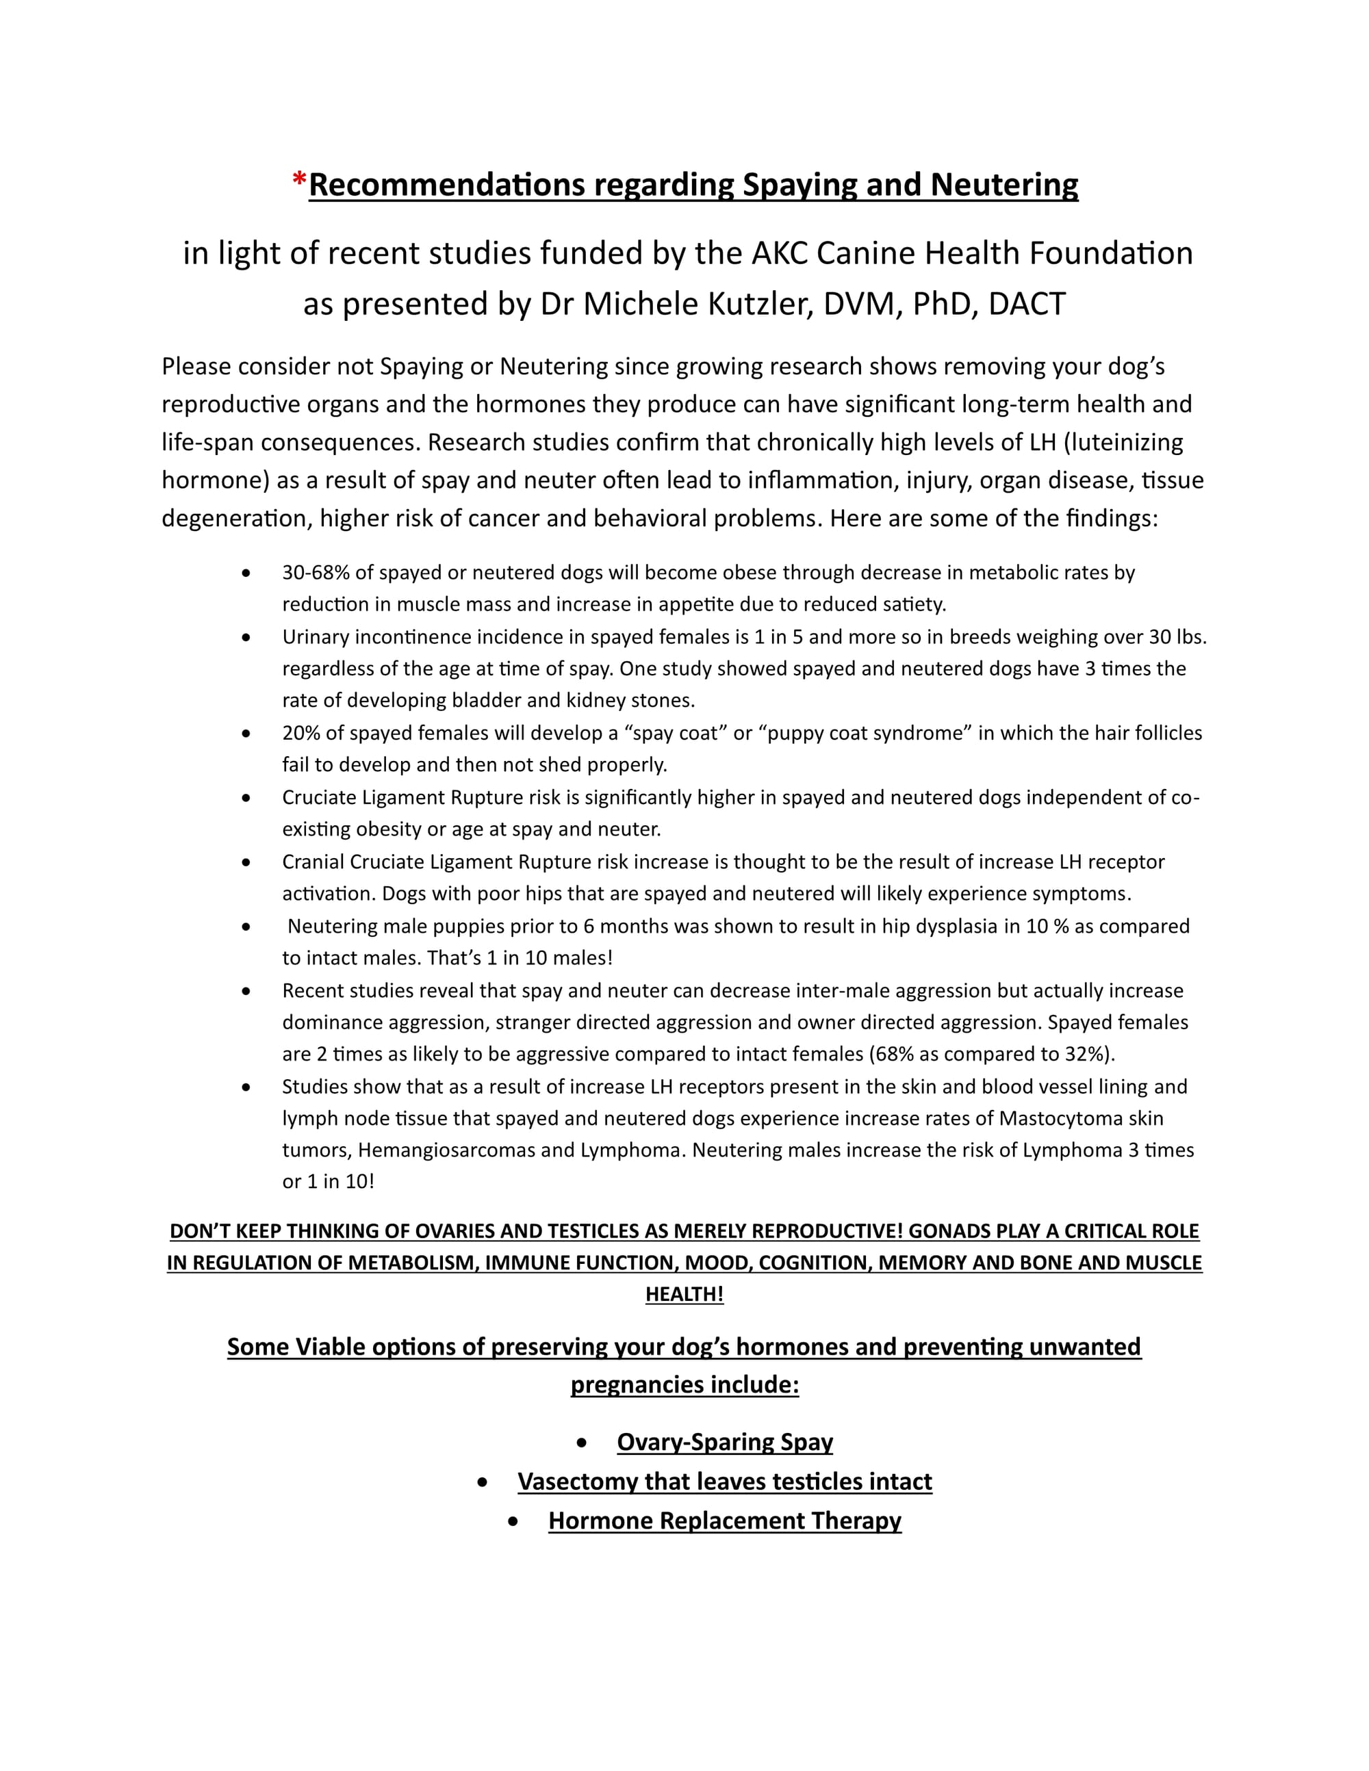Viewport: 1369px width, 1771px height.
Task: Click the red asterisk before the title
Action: coord(299,180)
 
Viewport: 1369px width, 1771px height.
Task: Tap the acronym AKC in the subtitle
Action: coord(780,254)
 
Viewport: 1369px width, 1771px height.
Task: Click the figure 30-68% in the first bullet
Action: coord(316,573)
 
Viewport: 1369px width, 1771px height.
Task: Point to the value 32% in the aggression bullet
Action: coord(1088,1054)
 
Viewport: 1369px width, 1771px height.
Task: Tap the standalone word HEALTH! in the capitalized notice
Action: coord(684,1294)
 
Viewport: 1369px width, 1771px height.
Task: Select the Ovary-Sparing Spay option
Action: coord(725,1442)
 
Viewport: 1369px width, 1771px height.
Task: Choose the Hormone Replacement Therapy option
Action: coord(725,1521)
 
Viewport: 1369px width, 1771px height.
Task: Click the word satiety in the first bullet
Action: coord(913,604)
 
